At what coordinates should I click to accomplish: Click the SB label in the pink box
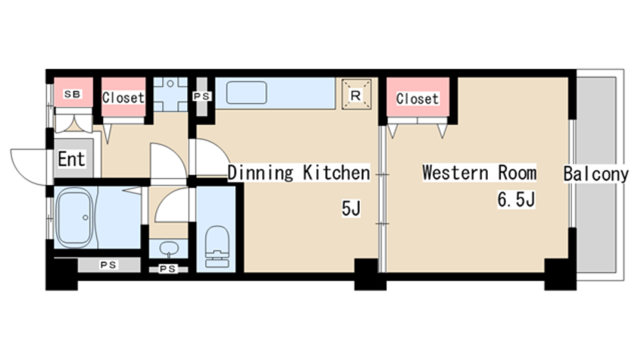coord(72,94)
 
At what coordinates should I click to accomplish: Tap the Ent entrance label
coord(71,159)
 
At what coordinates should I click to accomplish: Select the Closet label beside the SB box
coord(123,98)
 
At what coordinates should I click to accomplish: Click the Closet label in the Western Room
coord(417,99)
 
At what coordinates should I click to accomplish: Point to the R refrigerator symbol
coord(356,95)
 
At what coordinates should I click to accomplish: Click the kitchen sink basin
coord(247,92)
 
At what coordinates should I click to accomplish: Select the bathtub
coord(74,218)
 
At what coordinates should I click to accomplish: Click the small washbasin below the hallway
coord(168,249)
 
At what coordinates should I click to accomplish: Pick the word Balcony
coord(596,174)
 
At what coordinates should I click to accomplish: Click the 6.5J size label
coord(516,199)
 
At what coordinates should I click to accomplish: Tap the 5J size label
coord(351,208)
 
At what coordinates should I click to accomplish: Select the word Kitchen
coord(336,173)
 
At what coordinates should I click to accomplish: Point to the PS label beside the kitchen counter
coord(202,96)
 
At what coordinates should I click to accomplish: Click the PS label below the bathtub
coord(108,265)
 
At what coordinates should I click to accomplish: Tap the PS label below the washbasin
coord(167,269)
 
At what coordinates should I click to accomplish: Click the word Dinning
coord(261,173)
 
